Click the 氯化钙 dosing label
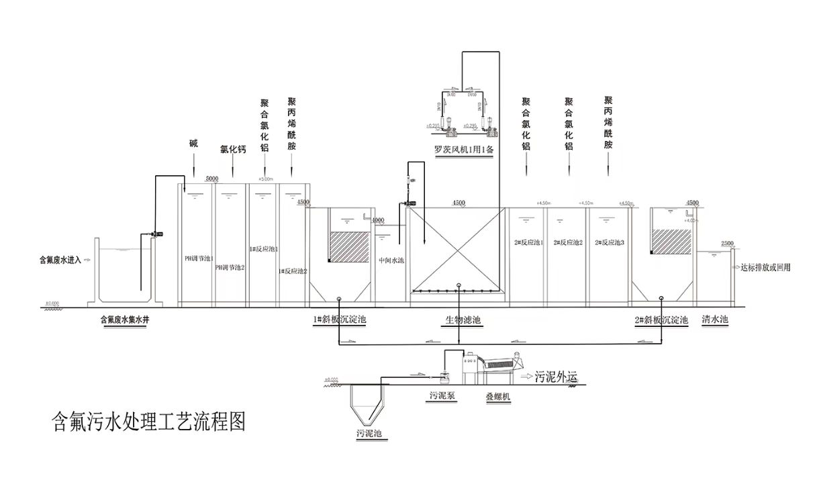click(x=233, y=150)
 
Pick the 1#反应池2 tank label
click(x=293, y=271)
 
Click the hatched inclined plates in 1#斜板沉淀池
click(x=348, y=246)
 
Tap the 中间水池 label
click(x=391, y=260)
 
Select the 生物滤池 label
click(x=463, y=320)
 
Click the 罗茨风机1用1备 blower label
click(x=463, y=150)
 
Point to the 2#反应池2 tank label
click(x=568, y=243)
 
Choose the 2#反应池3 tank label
click(x=610, y=243)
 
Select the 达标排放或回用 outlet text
click(x=765, y=267)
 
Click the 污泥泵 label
click(x=443, y=396)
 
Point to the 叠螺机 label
click(x=498, y=397)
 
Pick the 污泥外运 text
click(x=556, y=377)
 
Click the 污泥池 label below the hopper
click(x=369, y=434)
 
